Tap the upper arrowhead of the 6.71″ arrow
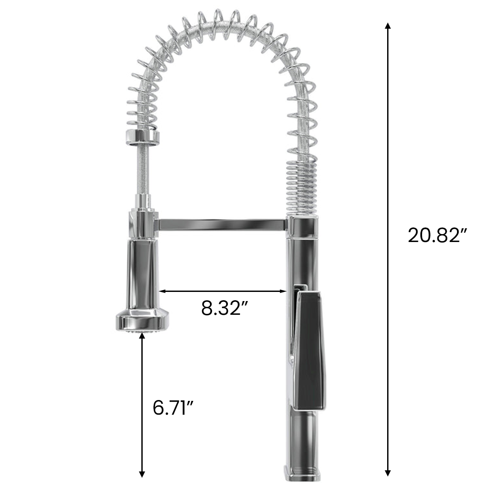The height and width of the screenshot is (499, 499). click(142, 337)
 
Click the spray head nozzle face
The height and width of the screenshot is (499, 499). click(142, 331)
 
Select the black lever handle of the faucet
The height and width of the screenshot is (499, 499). click(312, 341)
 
